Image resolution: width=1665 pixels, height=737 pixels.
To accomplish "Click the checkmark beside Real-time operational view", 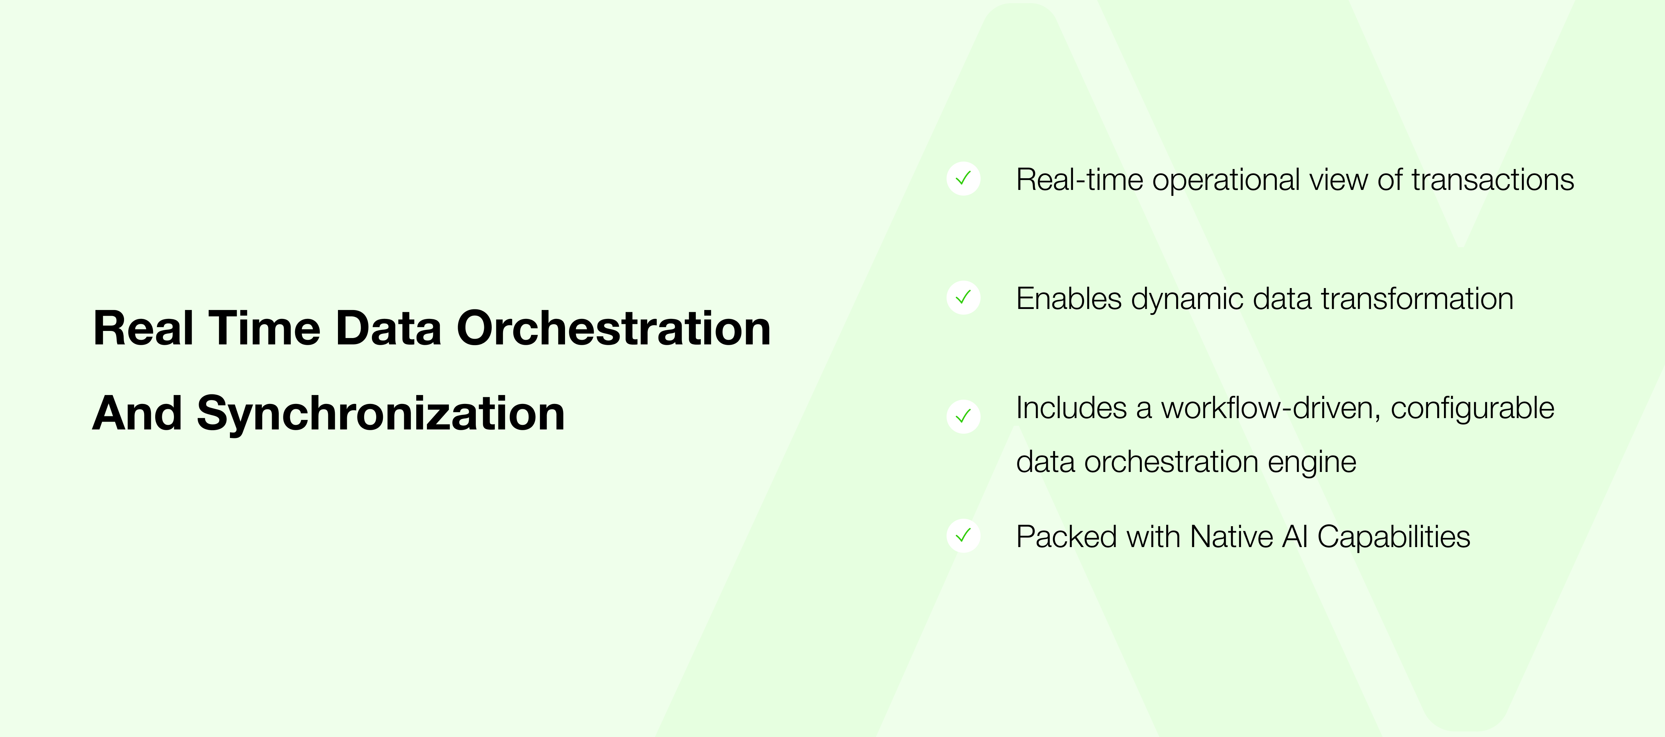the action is [963, 179].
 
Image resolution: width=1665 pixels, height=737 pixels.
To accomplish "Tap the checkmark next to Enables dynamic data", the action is [963, 297].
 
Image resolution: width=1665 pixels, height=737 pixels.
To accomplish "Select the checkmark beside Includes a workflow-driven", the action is [963, 416].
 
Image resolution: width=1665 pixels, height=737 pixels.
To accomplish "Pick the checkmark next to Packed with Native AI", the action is [963, 535].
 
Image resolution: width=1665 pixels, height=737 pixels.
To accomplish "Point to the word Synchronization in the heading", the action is [381, 414].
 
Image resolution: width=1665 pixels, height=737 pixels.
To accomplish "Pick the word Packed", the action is [1066, 536].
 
